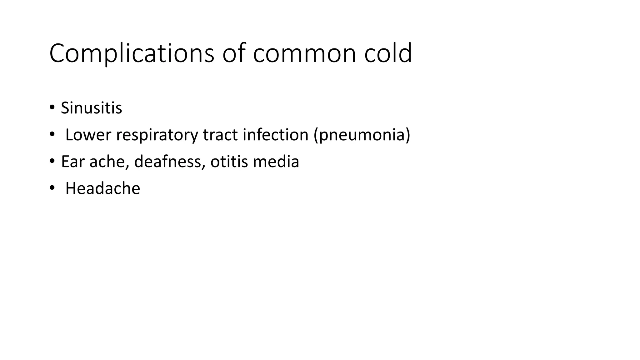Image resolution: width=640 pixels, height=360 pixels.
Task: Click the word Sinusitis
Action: [91, 108]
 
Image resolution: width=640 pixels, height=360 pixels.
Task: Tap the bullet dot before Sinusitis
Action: [52, 107]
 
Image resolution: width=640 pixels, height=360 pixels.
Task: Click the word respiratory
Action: [157, 135]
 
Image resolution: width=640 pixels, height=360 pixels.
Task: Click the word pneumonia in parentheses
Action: [362, 135]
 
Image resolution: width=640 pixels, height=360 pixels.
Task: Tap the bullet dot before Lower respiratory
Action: [52, 134]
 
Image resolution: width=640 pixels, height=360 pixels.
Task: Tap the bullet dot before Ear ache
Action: [52, 161]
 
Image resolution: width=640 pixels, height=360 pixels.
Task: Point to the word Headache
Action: [102, 188]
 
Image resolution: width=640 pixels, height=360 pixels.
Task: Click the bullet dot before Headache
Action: [52, 188]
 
